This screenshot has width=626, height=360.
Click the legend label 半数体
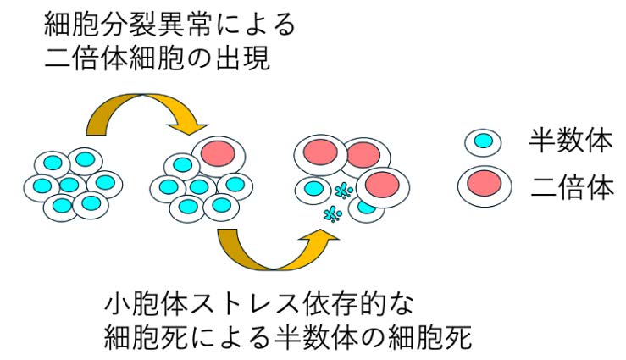570,141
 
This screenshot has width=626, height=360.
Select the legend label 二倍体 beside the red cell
572,187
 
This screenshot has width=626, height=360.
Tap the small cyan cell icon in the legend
483,141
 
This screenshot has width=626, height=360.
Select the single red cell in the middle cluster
219,156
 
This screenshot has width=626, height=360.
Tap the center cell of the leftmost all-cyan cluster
69,185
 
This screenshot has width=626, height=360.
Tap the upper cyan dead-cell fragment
343,190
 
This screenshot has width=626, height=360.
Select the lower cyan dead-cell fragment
332,214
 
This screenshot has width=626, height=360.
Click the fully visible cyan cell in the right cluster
314,188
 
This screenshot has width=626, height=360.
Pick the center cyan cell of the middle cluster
199,186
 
